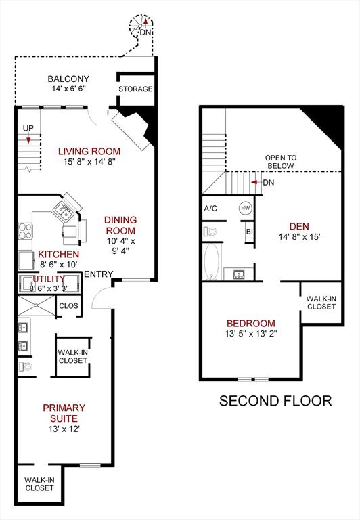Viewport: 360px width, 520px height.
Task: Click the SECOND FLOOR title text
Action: [x=275, y=401]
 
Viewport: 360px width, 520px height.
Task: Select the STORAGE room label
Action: [x=135, y=89]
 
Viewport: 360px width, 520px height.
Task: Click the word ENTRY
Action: [x=97, y=274]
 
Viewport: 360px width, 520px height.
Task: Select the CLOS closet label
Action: [x=68, y=305]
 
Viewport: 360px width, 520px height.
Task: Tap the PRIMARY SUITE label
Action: [x=64, y=413]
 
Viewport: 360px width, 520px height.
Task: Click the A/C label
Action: [x=210, y=208]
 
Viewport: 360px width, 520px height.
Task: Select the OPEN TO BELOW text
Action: [x=279, y=161]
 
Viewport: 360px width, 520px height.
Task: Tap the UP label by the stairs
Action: [x=28, y=128]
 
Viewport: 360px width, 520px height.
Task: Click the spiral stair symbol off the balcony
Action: [x=142, y=27]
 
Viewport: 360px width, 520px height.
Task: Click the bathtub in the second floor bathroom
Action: [x=211, y=262]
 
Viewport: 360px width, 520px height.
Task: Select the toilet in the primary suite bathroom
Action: [x=25, y=366]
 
